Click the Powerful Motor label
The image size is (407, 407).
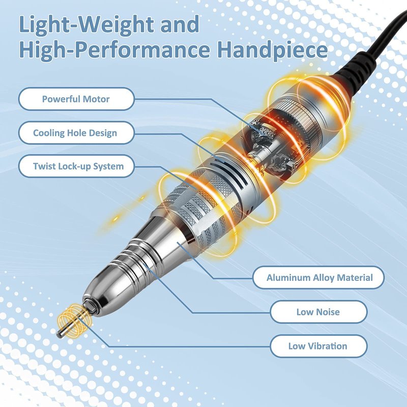pos(76,99)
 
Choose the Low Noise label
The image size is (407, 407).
pos(318,312)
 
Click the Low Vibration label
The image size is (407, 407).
pos(318,346)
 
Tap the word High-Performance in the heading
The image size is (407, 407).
pos(114,50)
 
